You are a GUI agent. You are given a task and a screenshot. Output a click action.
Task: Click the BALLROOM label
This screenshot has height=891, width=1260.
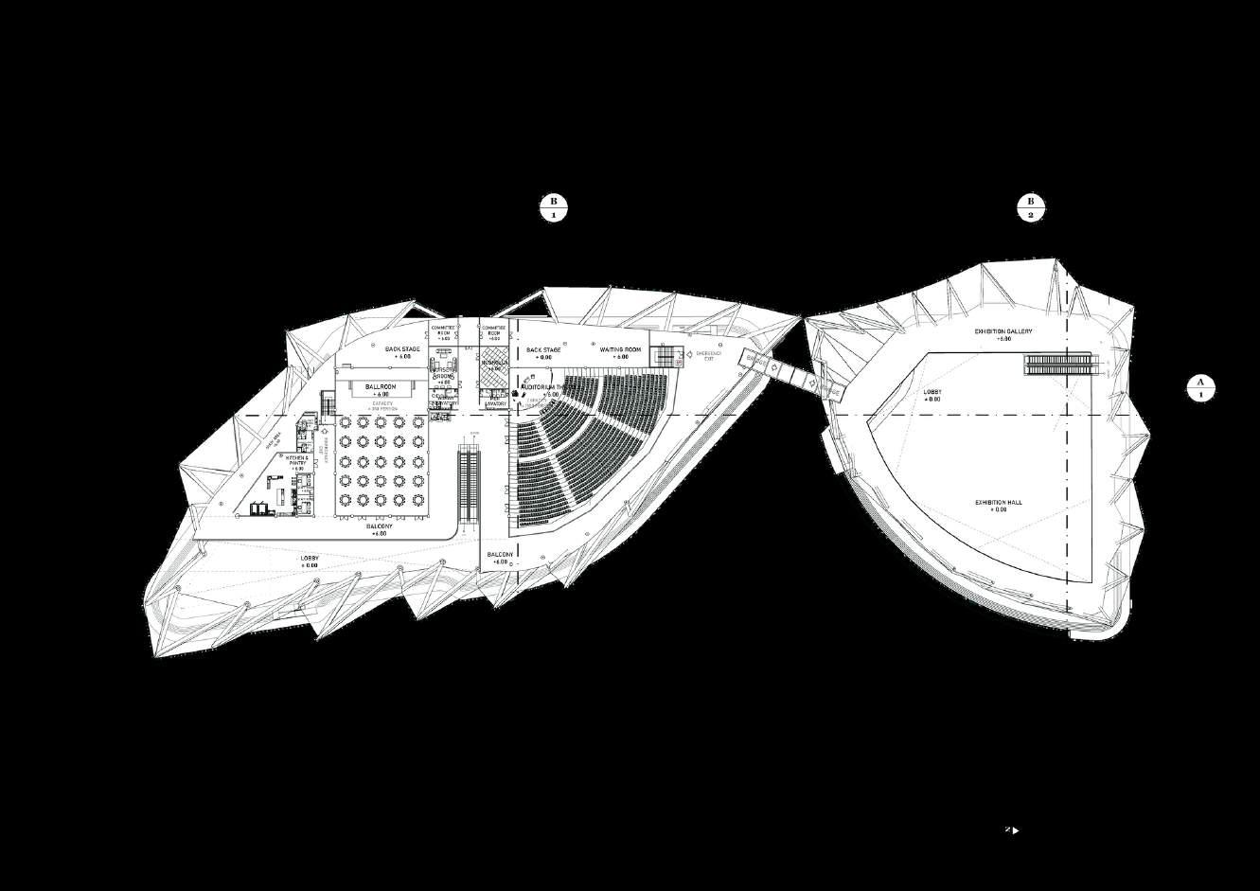pyautogui.click(x=381, y=387)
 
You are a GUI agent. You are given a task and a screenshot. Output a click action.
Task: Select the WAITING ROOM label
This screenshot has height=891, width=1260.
pyautogui.click(x=620, y=350)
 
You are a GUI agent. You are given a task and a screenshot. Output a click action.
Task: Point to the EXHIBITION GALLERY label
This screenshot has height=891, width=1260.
pyautogui.click(x=1003, y=332)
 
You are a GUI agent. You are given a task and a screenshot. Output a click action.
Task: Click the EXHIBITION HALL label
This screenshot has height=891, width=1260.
pyautogui.click(x=998, y=503)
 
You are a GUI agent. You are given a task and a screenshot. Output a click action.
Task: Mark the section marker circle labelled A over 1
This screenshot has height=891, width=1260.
pyautogui.click(x=1200, y=388)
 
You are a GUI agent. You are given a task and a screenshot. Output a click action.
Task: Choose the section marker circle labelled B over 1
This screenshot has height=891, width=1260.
pyautogui.click(x=553, y=207)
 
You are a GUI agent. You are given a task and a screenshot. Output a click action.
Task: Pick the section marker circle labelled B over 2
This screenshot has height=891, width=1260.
pyautogui.click(x=1031, y=207)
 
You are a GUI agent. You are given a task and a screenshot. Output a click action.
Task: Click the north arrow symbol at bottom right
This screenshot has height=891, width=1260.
pyautogui.click(x=1013, y=830)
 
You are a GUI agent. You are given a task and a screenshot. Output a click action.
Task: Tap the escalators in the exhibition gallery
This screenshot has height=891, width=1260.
pyautogui.click(x=1058, y=365)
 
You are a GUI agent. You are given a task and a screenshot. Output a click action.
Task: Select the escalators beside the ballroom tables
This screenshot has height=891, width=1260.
pyautogui.click(x=470, y=486)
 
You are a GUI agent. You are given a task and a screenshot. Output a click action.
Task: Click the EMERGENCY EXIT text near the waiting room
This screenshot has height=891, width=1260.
pyautogui.click(x=709, y=356)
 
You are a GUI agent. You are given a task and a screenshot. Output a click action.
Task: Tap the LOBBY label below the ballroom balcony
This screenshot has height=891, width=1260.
pyautogui.click(x=310, y=561)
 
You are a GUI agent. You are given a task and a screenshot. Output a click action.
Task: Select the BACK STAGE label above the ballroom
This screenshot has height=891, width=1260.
pyautogui.click(x=402, y=351)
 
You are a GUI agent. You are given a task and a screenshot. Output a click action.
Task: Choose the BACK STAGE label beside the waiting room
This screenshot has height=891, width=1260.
pyautogui.click(x=543, y=351)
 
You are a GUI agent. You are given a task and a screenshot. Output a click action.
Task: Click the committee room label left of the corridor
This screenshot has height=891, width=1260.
pyautogui.click(x=443, y=331)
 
